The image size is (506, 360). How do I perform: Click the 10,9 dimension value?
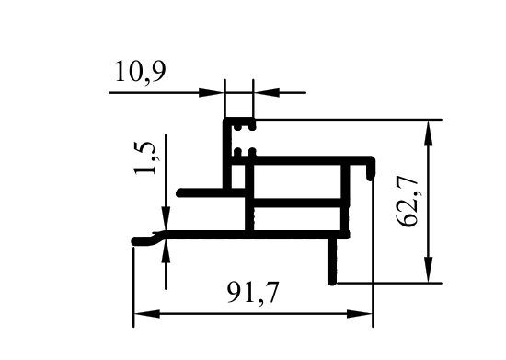point(141,71)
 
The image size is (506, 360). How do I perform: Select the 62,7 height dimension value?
point(408,201)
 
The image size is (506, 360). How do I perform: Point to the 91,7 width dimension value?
point(252,293)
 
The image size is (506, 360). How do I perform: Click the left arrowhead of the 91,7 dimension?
point(147,313)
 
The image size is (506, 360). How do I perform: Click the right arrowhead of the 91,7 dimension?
point(360,313)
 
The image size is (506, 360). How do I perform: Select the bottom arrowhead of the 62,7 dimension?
point(428,270)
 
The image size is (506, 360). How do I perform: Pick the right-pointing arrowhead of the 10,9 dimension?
point(212,93)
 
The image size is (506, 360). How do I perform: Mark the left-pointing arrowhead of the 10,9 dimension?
point(267,93)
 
